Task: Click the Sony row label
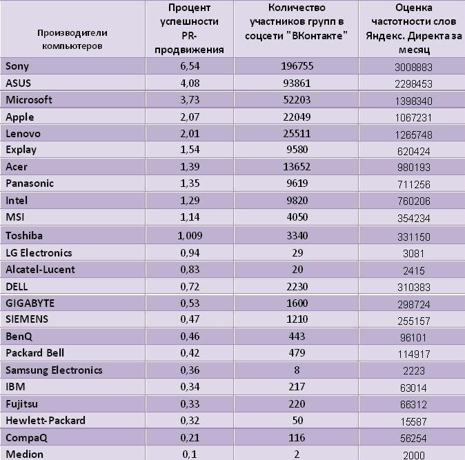point(17,66)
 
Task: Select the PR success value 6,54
point(190,66)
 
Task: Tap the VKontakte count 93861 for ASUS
point(297,83)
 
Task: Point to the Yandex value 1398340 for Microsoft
point(414,101)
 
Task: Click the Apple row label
point(20,117)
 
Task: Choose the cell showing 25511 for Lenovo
point(297,133)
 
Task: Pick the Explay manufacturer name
point(21,150)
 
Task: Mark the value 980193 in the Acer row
point(414,168)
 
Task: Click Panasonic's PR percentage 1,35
point(190,183)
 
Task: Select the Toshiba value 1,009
point(190,236)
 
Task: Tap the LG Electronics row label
point(39,253)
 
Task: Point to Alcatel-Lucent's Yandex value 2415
point(414,270)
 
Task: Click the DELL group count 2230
point(297,287)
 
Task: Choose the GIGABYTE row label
point(30,303)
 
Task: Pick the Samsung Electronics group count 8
point(297,370)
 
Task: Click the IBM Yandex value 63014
point(413,388)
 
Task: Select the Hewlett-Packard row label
point(46,420)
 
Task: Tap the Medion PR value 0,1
point(190,454)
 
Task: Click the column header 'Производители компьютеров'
point(72,39)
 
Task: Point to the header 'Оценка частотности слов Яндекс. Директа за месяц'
point(414,28)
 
